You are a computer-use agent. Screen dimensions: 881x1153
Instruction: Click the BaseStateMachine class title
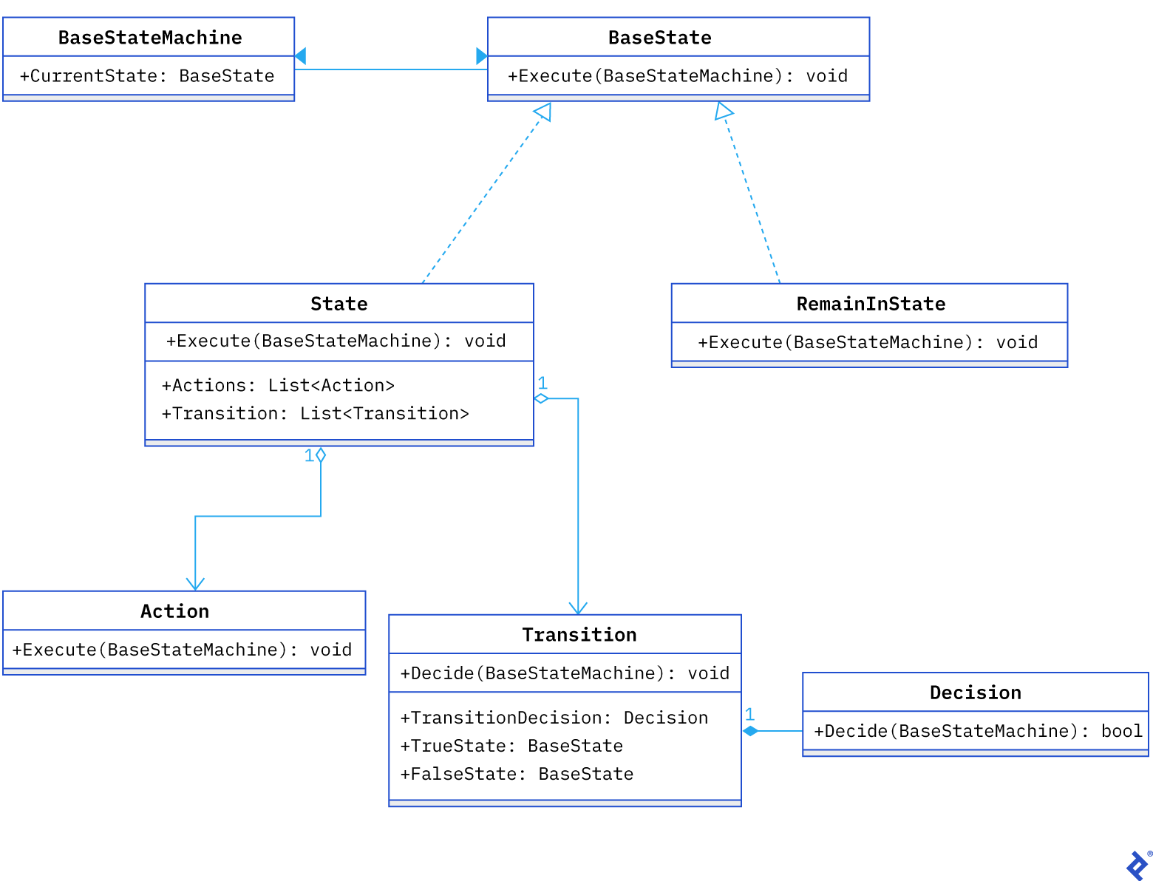(x=150, y=38)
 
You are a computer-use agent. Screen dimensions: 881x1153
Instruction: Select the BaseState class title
(x=659, y=38)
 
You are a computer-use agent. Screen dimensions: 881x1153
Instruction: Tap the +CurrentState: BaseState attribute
(x=147, y=76)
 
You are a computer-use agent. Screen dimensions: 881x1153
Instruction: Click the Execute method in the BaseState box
(x=677, y=76)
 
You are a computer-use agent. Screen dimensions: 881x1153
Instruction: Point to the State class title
(x=339, y=304)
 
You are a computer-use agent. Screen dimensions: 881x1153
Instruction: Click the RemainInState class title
(x=871, y=304)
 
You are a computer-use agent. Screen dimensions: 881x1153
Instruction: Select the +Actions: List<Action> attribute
(x=278, y=385)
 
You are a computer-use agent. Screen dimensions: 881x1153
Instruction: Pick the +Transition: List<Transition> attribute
(x=315, y=413)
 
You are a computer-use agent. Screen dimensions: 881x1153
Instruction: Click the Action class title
(x=175, y=611)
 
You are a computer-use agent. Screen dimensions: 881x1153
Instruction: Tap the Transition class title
(x=579, y=635)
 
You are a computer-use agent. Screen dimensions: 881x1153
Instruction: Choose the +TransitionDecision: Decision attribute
(x=554, y=718)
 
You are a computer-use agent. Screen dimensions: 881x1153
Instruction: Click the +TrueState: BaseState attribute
(x=511, y=746)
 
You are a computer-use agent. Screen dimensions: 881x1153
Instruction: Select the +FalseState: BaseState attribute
(x=517, y=774)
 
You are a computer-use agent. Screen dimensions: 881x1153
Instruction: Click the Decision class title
(x=975, y=693)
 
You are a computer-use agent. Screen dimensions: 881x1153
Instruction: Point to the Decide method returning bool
(x=977, y=731)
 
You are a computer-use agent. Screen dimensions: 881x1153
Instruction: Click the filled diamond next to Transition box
(x=751, y=731)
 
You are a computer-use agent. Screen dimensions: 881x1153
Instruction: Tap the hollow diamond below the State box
(x=321, y=455)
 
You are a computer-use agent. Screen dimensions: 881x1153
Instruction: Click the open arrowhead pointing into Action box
(x=195, y=584)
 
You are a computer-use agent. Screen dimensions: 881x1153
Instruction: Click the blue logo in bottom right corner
(x=1137, y=865)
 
